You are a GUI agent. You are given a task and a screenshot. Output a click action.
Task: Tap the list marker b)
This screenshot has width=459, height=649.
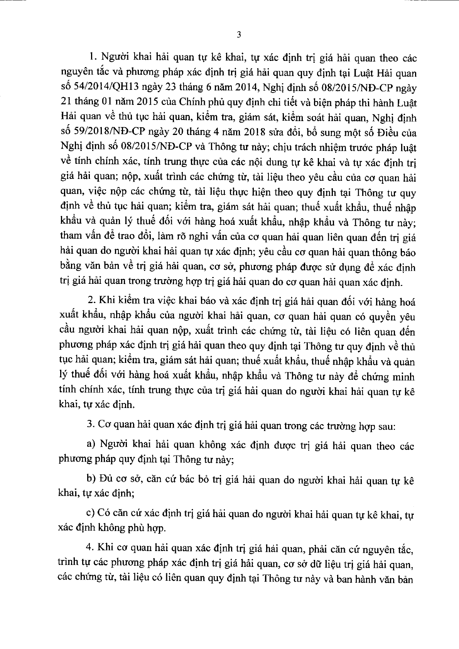point(91,480)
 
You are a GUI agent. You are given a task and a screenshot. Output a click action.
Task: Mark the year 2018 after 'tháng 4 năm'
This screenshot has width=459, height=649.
point(251,133)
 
